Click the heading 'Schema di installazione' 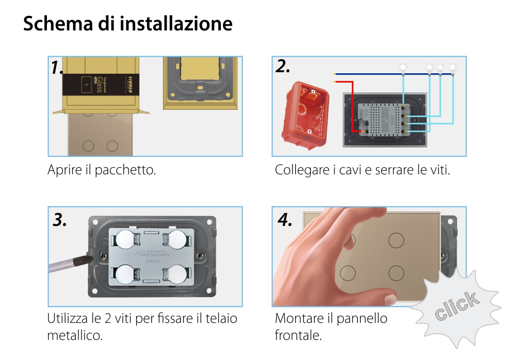[x=127, y=24]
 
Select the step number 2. [x=283, y=67]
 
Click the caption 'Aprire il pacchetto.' [x=102, y=170]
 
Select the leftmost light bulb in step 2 [x=403, y=67]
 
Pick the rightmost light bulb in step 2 [x=453, y=67]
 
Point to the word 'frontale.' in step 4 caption [x=298, y=335]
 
